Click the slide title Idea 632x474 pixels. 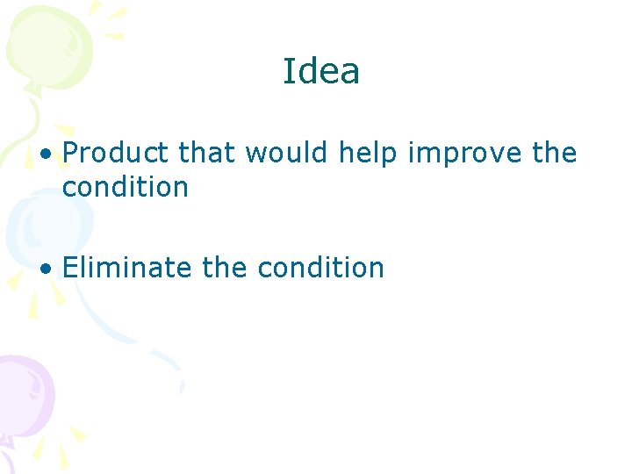(x=321, y=71)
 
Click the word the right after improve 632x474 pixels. (x=555, y=154)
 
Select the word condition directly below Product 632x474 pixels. (x=126, y=187)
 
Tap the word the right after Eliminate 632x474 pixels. (x=225, y=267)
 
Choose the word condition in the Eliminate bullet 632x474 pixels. (x=320, y=267)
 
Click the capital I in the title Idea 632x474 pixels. (x=287, y=71)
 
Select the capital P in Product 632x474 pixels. (x=72, y=154)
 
